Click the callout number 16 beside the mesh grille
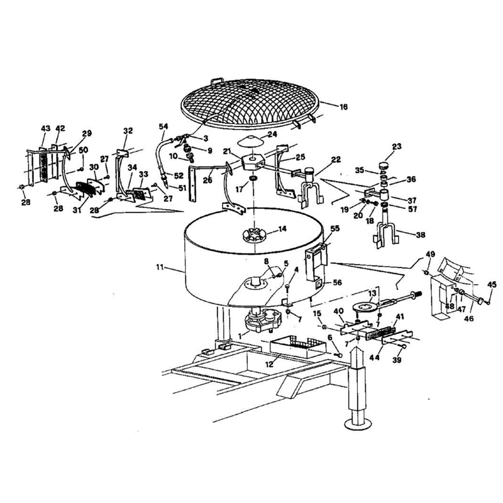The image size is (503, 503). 343,108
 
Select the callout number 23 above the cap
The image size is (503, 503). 397,147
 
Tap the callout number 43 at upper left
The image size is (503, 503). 45,128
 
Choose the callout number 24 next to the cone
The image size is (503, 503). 272,134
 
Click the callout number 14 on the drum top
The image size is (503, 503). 283,229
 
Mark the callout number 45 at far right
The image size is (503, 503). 492,284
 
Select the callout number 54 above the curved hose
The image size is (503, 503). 163,126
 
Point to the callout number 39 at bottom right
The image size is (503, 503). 397,361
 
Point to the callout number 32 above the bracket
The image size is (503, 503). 128,131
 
